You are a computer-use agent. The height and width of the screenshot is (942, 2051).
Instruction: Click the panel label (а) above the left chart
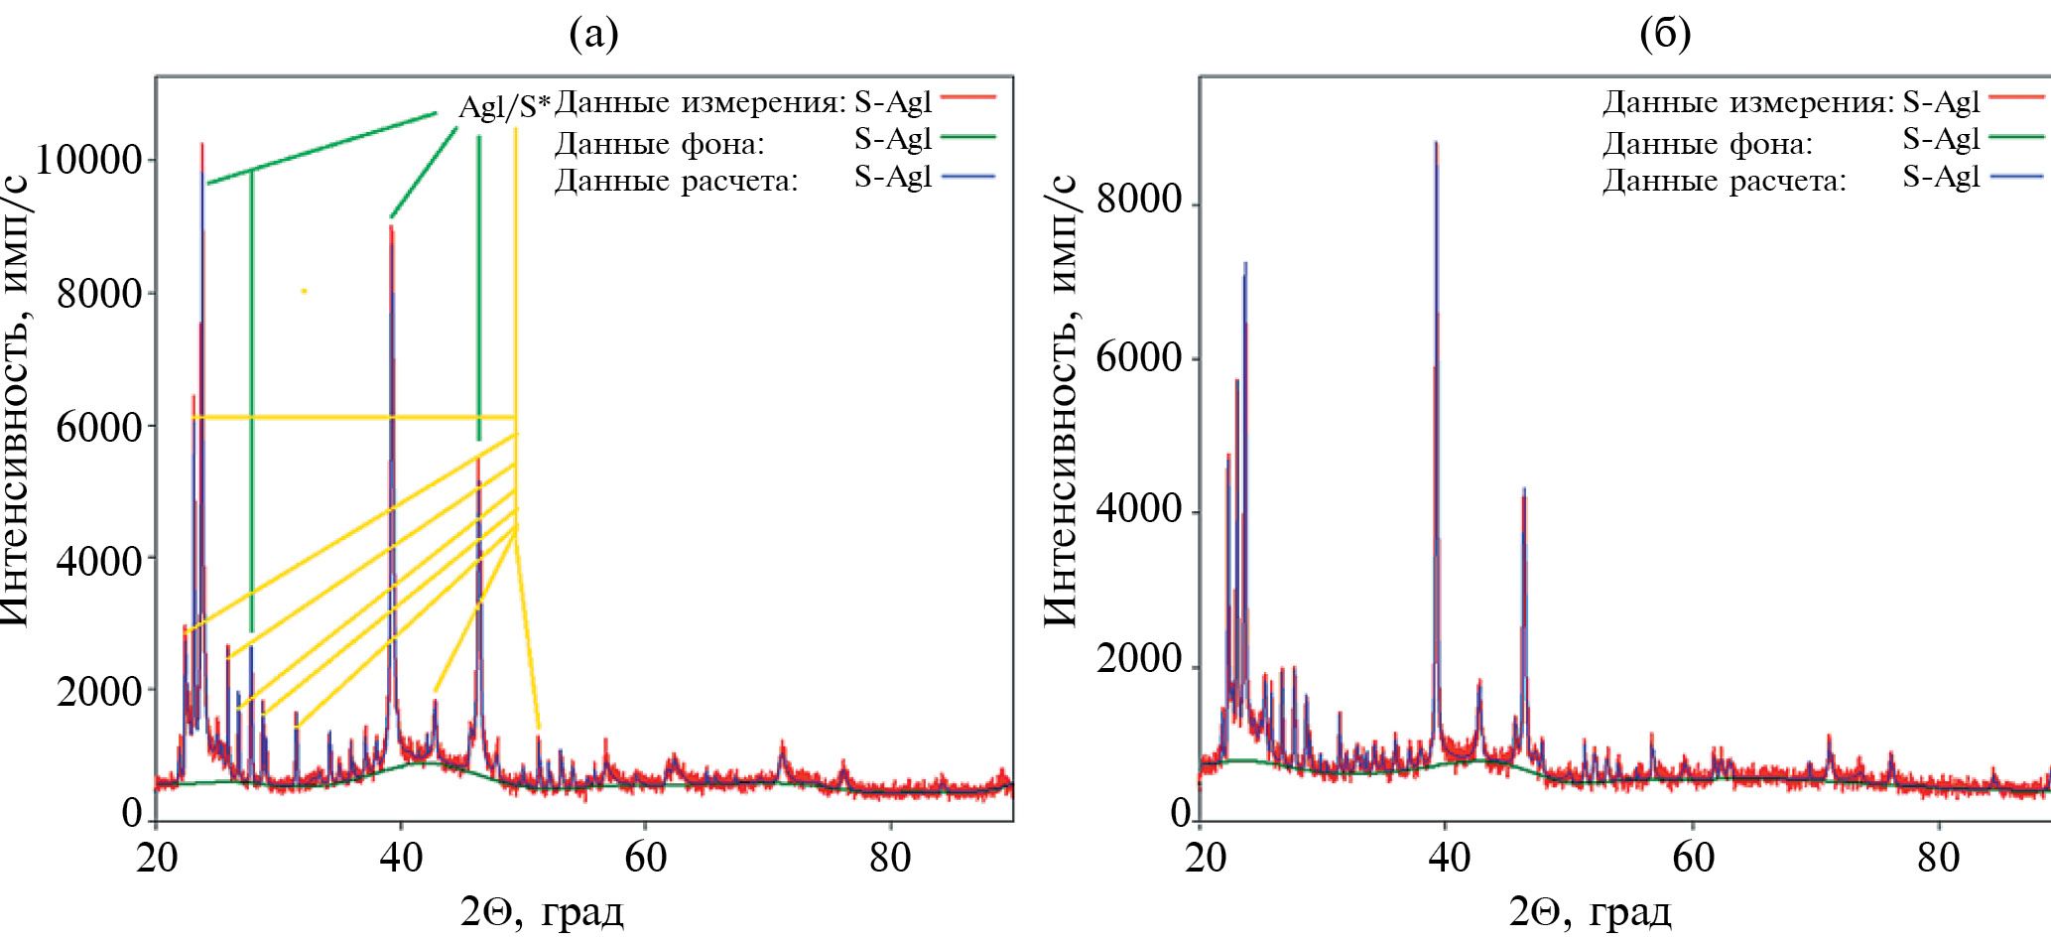[x=593, y=34]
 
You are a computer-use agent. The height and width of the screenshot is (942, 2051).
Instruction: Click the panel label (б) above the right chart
[x=1665, y=34]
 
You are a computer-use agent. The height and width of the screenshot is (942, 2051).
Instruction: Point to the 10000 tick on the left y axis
[x=89, y=159]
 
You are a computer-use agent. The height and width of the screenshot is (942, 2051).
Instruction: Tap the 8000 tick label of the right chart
[x=1139, y=200]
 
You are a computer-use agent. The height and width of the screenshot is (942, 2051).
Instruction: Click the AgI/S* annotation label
[x=504, y=105]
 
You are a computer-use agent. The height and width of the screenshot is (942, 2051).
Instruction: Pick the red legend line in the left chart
[x=967, y=97]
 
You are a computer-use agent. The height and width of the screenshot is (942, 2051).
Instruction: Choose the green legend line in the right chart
[x=2016, y=137]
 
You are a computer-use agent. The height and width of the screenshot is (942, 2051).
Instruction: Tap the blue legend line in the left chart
[x=967, y=177]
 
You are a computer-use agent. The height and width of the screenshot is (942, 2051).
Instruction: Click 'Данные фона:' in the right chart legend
[x=1708, y=145]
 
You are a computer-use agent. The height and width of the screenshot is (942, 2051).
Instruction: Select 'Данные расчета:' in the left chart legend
[x=676, y=182]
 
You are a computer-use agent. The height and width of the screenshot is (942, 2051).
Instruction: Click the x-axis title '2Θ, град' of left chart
[x=542, y=910]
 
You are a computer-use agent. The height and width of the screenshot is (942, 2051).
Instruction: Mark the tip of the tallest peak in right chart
[x=1436, y=144]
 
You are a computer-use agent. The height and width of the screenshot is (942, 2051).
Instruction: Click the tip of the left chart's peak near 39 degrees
[x=391, y=227]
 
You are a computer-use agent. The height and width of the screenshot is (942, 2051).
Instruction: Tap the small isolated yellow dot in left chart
[x=304, y=291]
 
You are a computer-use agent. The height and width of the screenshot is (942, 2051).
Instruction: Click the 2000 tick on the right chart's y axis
[x=1139, y=659]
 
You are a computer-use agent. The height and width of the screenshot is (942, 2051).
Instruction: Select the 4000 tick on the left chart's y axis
[x=99, y=561]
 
